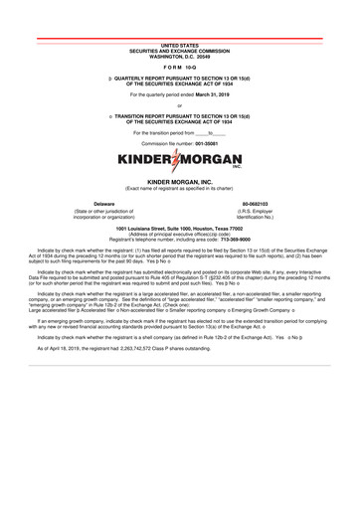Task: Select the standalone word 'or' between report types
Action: tap(179, 105)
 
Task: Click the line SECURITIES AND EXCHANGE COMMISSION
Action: tap(179, 46)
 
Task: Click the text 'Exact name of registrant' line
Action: tap(179, 189)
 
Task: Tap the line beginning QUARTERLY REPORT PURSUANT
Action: tap(182, 74)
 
